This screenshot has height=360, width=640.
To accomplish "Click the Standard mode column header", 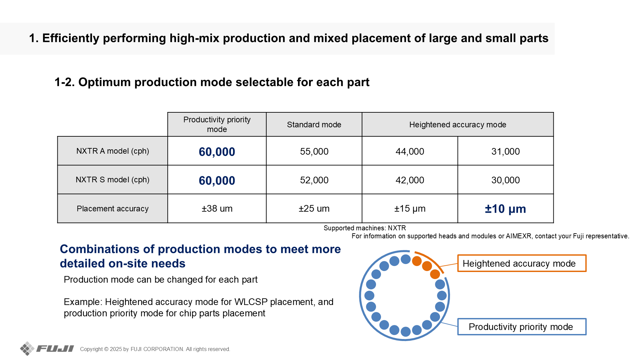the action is coord(314,125).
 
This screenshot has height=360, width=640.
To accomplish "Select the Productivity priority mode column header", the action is coord(217,124).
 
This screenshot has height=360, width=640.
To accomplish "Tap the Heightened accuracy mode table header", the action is coord(458,125).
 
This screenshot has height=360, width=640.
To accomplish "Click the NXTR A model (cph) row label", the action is coord(113,151).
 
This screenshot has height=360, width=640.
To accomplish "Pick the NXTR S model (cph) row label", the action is coord(113,180).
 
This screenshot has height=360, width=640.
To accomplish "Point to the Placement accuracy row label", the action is coord(113,209).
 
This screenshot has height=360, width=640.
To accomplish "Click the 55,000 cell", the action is coord(314,151).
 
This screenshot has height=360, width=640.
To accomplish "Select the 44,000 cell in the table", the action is coord(410,151).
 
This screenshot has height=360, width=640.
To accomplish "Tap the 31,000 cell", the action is coord(506,151).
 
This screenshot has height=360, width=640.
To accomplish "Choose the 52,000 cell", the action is coord(314,180).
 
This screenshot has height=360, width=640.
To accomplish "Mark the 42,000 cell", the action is coord(410,180).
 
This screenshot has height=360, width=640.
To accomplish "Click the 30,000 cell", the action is coord(506,180).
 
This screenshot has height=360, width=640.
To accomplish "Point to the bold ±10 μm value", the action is coord(505,209).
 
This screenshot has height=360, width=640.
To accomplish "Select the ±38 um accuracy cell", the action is coord(217,209).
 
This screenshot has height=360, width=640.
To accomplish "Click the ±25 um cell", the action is coord(314,209).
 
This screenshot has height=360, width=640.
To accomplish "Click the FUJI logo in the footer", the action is coord(47,349).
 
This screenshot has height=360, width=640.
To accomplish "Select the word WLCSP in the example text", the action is coord(251,302).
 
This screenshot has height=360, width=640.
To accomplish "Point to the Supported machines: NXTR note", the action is coord(365,228).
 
